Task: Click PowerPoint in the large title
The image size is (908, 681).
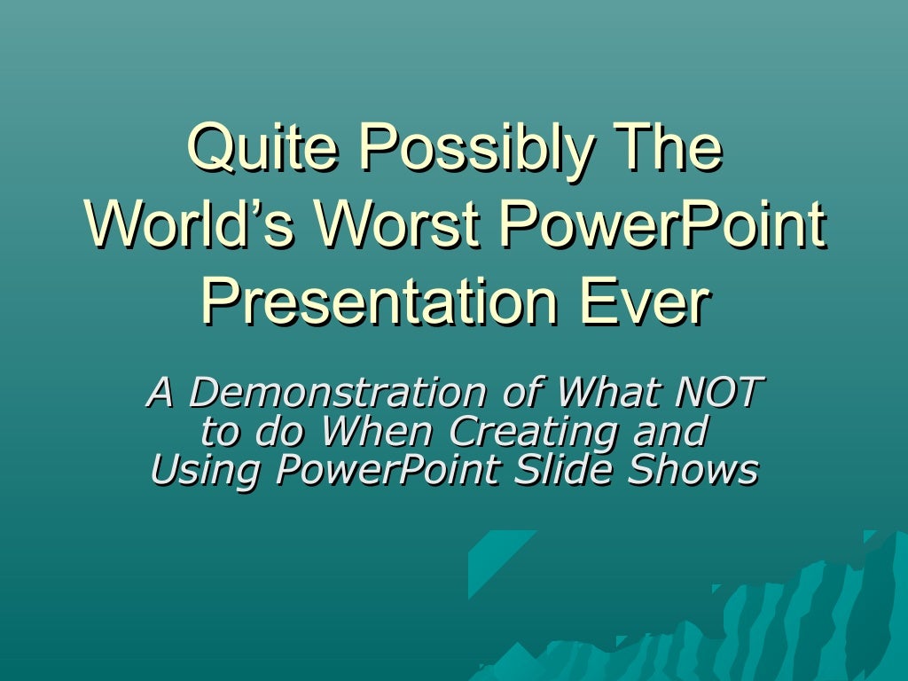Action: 661,226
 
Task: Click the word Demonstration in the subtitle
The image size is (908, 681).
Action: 336,392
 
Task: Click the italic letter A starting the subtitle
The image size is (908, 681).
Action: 159,392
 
